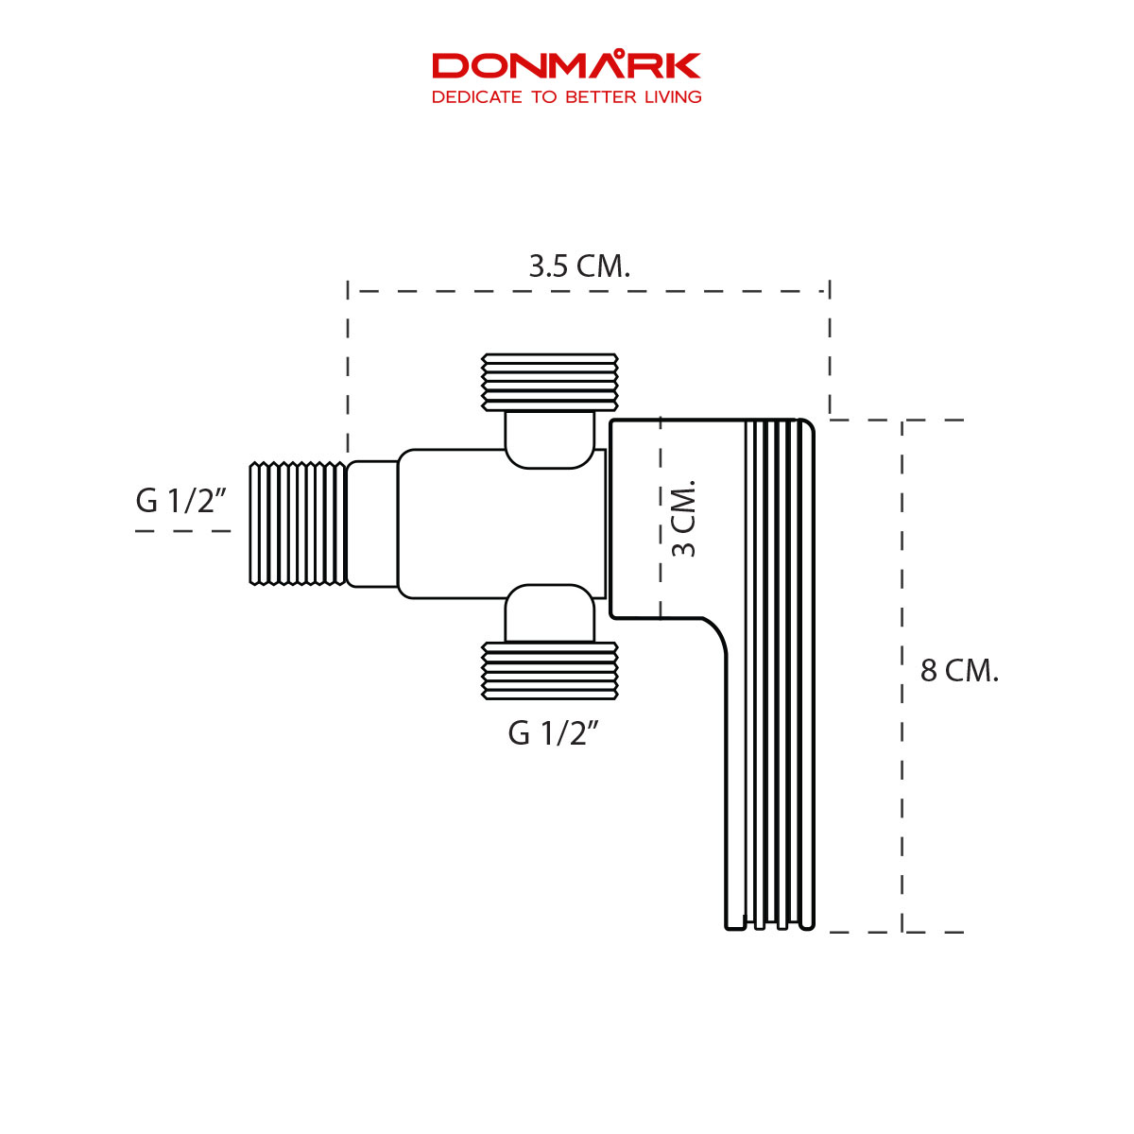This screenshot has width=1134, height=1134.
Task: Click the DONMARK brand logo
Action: pos(566,65)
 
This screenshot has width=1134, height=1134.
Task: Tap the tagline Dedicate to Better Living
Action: pos(566,96)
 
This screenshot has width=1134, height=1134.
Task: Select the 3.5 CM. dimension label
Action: pos(578,266)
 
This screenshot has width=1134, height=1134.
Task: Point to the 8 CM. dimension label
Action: pos(959,671)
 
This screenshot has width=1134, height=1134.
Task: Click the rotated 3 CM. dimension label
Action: pos(683,518)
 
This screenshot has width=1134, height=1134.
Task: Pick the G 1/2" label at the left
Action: pos(181,501)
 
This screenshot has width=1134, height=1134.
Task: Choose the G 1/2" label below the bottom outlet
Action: pos(554,733)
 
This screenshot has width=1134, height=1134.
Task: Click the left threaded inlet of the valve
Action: pos(298,524)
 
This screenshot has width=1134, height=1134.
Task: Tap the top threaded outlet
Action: pos(550,382)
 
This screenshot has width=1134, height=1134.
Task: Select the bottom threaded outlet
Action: pos(550,671)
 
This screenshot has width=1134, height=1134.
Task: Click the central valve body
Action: pos(501,524)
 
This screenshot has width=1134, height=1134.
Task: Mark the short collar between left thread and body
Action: pos(372,524)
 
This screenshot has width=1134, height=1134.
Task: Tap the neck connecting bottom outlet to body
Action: pos(550,614)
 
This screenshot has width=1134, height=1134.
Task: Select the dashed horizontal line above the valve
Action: pos(586,291)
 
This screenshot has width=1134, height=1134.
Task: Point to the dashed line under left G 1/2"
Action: pos(182,531)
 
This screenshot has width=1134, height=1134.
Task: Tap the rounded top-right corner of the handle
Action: pos(805,427)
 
